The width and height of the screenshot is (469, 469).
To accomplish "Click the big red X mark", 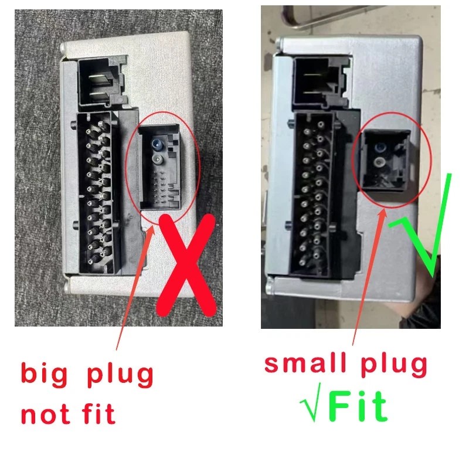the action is click(x=186, y=265).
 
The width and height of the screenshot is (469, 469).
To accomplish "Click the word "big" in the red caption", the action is click(x=45, y=374).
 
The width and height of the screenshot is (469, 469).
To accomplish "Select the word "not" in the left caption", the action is click(x=46, y=414).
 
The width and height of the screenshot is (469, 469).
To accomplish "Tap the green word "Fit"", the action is click(x=358, y=406).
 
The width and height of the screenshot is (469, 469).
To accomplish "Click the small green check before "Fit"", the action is click(x=311, y=402).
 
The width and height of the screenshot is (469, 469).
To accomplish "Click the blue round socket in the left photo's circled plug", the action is click(x=157, y=144).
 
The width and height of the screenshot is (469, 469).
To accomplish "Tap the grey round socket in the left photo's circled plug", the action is click(x=157, y=159).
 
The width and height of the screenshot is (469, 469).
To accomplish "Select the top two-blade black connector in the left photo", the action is click(x=102, y=81).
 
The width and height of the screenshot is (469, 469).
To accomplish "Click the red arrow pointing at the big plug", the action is click(x=135, y=288).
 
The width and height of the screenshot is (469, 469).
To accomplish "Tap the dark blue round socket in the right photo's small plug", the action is click(x=380, y=147).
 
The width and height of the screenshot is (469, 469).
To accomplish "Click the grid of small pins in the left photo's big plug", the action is click(x=159, y=188).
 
